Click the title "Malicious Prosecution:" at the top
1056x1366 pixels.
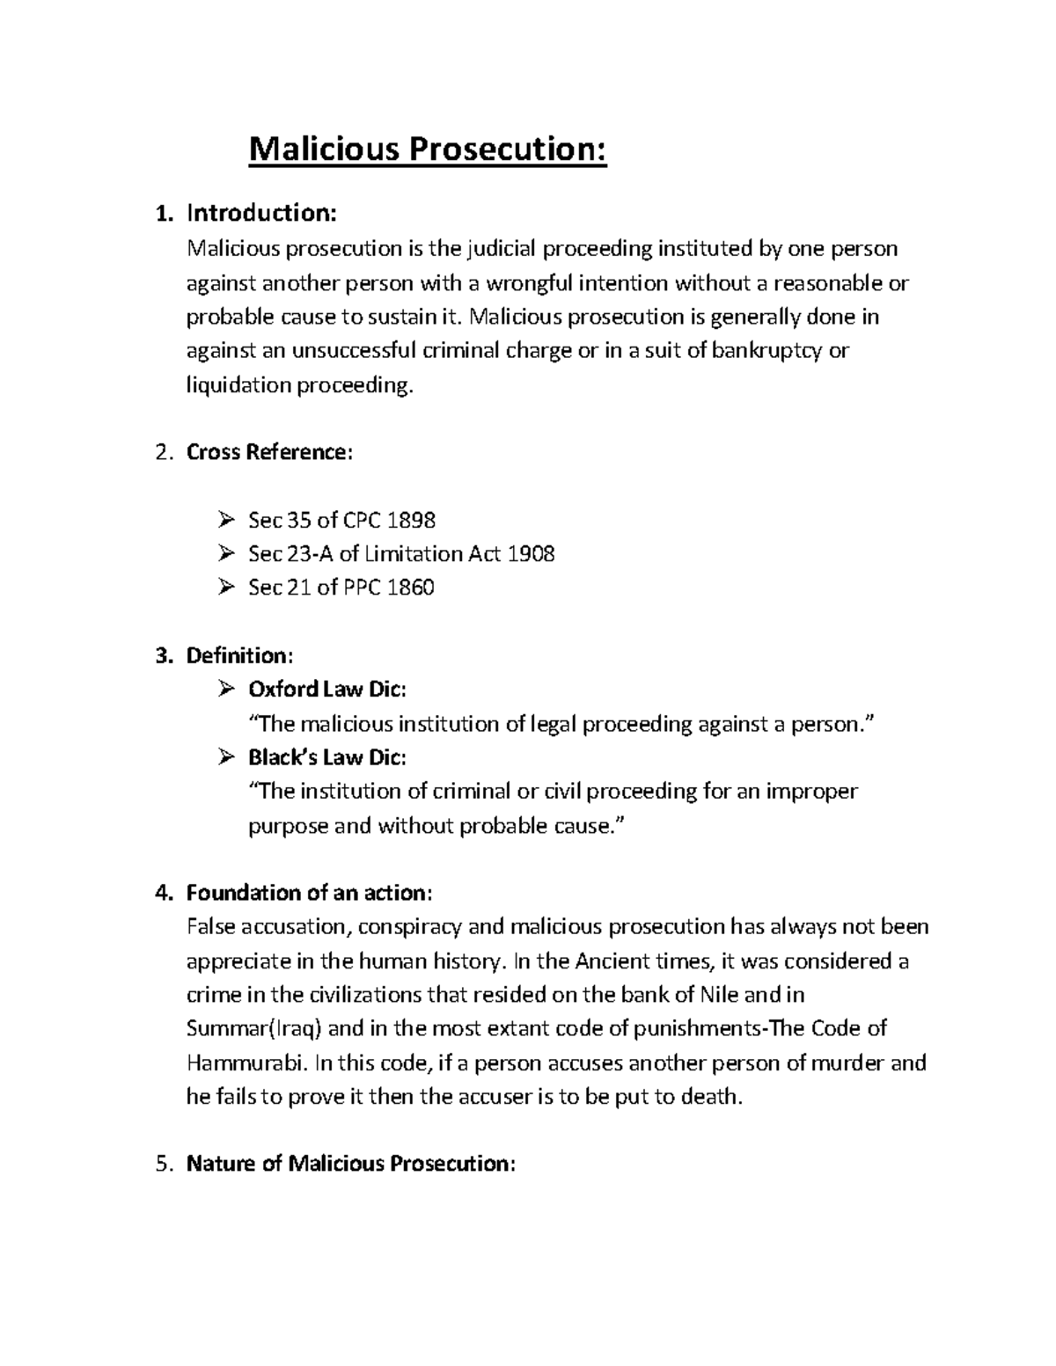[x=428, y=150]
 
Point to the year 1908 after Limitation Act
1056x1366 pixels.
[x=531, y=554]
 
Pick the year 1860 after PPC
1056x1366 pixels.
[x=410, y=588]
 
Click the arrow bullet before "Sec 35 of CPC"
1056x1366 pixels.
[x=226, y=521]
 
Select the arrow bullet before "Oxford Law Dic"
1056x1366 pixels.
[x=226, y=689]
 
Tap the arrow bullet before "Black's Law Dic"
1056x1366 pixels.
[x=226, y=757]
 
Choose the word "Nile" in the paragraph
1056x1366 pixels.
[x=718, y=995]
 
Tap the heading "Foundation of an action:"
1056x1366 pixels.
[x=309, y=894]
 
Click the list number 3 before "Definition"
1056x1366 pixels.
[x=160, y=656]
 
